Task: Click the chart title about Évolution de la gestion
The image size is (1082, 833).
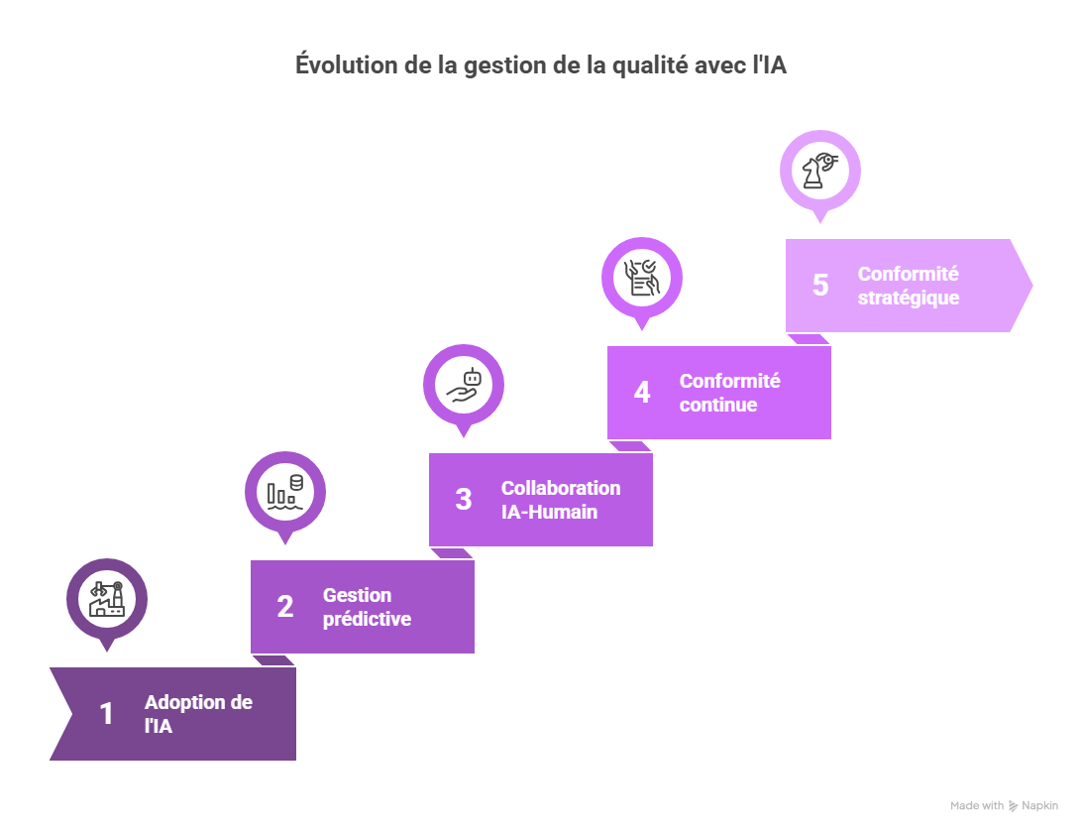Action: pyautogui.click(x=541, y=65)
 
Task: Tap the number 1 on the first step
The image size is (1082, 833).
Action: pyautogui.click(x=107, y=714)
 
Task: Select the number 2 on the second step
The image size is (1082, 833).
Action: pyautogui.click(x=285, y=607)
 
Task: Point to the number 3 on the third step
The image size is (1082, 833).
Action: pyautogui.click(x=464, y=500)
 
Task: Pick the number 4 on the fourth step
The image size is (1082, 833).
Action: pyautogui.click(x=642, y=393)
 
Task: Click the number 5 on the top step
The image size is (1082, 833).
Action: pyautogui.click(x=820, y=286)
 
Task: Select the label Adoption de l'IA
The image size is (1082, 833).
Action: pyautogui.click(x=198, y=714)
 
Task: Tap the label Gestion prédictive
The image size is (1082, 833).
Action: pyautogui.click(x=367, y=607)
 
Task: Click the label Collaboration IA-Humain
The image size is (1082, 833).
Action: pyautogui.click(x=561, y=500)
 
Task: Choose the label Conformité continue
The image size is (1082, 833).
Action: pyautogui.click(x=729, y=393)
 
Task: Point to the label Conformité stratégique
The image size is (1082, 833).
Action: pyautogui.click(x=909, y=286)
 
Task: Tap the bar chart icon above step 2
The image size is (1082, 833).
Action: pyautogui.click(x=285, y=492)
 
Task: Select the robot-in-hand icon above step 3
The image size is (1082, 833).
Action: pyautogui.click(x=464, y=385)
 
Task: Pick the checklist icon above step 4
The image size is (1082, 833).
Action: pyautogui.click(x=642, y=278)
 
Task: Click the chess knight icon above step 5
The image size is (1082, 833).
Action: pyautogui.click(x=820, y=171)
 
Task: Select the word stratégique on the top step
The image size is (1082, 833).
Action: pyautogui.click(x=909, y=297)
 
